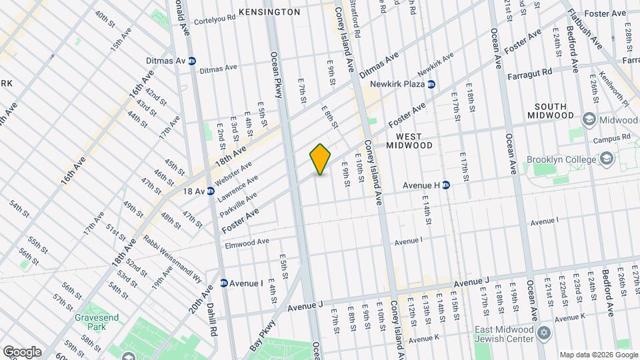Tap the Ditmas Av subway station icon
pos(192,61)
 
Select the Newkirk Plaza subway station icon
pos(431,85)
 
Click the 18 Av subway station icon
pos(211,191)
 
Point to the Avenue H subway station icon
pos(447,185)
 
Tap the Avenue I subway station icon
pos(224,283)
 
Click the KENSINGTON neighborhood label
pos(269,12)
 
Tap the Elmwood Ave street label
pos(247,242)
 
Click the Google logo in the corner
pos(22,351)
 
